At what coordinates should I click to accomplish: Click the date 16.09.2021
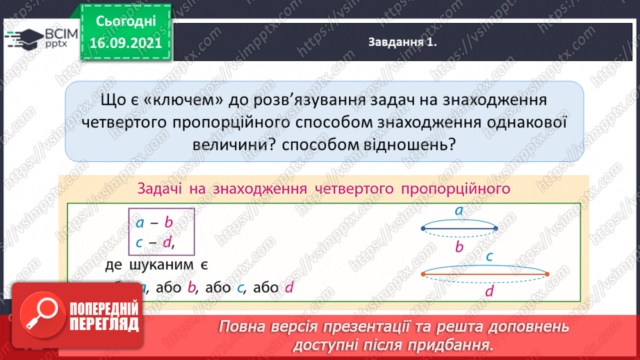click(x=126, y=43)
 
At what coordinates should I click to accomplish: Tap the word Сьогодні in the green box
click(x=126, y=22)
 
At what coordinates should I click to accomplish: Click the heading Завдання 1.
click(x=402, y=42)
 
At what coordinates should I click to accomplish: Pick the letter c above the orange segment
click(x=489, y=256)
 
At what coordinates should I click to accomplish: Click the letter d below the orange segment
click(x=489, y=292)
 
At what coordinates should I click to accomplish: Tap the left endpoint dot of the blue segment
click(x=423, y=228)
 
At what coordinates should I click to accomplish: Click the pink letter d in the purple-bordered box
click(x=166, y=243)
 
